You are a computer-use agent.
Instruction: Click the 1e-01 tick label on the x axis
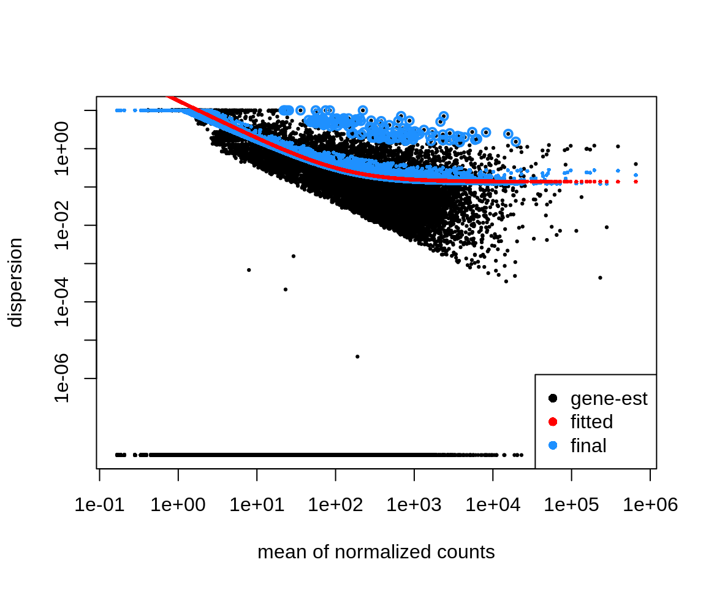[x=99, y=505]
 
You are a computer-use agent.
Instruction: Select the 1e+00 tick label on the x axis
[x=178, y=505]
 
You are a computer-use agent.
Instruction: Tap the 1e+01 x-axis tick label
[x=257, y=505]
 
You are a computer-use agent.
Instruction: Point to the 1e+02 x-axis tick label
[x=335, y=505]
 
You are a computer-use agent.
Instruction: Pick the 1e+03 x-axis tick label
[x=414, y=505]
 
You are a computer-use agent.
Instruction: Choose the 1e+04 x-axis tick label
[x=493, y=505]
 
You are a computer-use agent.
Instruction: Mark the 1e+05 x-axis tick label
[x=571, y=505]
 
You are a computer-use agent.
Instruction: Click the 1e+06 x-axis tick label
[x=650, y=505]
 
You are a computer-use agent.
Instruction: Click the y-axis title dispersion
[x=15, y=283]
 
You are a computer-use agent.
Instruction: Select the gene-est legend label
[x=609, y=399]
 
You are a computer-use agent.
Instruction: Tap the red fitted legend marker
[x=553, y=422]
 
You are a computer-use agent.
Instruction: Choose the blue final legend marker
[x=553, y=446]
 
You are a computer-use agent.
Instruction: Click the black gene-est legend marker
[x=553, y=399]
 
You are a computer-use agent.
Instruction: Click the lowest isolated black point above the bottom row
[x=357, y=356]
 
